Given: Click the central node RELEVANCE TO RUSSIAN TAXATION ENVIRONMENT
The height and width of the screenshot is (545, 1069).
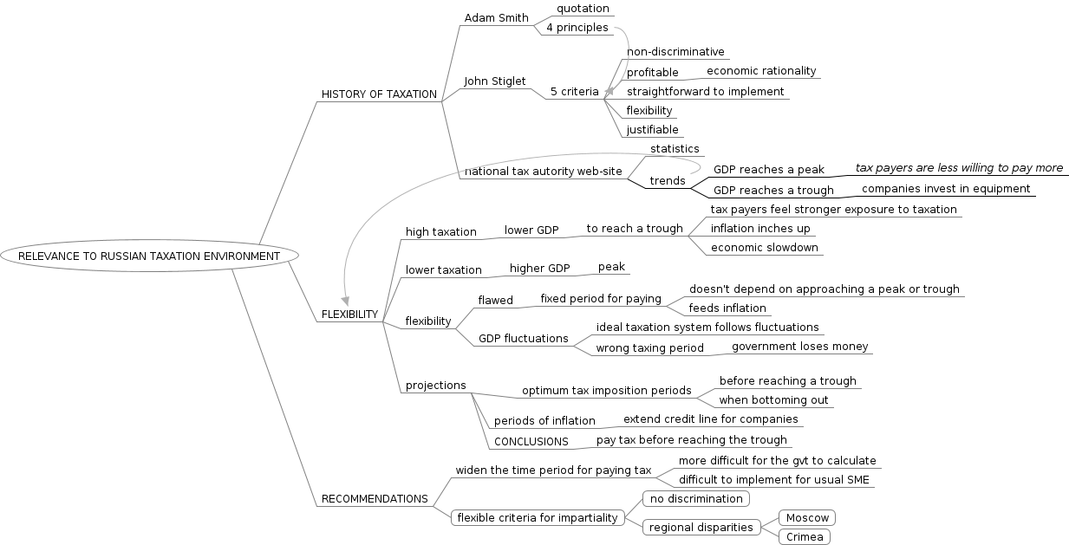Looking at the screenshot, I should (149, 256).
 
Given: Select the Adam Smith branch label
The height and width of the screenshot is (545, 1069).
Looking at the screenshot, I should (496, 17).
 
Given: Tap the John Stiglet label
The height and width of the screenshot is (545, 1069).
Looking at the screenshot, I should (494, 81).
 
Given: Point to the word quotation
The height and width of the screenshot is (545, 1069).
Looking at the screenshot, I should (583, 9).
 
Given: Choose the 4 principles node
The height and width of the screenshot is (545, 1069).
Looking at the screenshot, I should (577, 28).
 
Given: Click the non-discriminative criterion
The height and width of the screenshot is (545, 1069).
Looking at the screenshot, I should (675, 52).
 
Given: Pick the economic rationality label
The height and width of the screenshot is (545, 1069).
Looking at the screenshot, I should (761, 71).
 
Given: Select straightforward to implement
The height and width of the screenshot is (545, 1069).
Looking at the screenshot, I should (705, 92).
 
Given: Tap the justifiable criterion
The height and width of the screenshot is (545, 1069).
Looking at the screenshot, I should (653, 130).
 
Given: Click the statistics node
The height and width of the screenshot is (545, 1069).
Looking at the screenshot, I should (675, 149).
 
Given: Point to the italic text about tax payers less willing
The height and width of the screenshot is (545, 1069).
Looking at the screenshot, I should (959, 168).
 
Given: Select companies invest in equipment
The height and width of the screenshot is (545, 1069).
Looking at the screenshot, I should (946, 189).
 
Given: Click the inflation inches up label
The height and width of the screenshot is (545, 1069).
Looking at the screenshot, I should (760, 229).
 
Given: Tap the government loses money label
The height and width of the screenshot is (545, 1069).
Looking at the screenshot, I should (799, 347).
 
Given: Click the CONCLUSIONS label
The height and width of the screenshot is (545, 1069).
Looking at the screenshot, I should (531, 442).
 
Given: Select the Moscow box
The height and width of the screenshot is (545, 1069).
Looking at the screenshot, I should (807, 518).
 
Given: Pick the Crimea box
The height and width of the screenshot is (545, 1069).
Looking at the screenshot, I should (805, 537).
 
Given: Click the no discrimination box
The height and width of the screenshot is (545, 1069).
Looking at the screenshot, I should (695, 499).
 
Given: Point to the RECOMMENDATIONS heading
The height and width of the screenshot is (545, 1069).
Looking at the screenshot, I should (375, 499).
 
